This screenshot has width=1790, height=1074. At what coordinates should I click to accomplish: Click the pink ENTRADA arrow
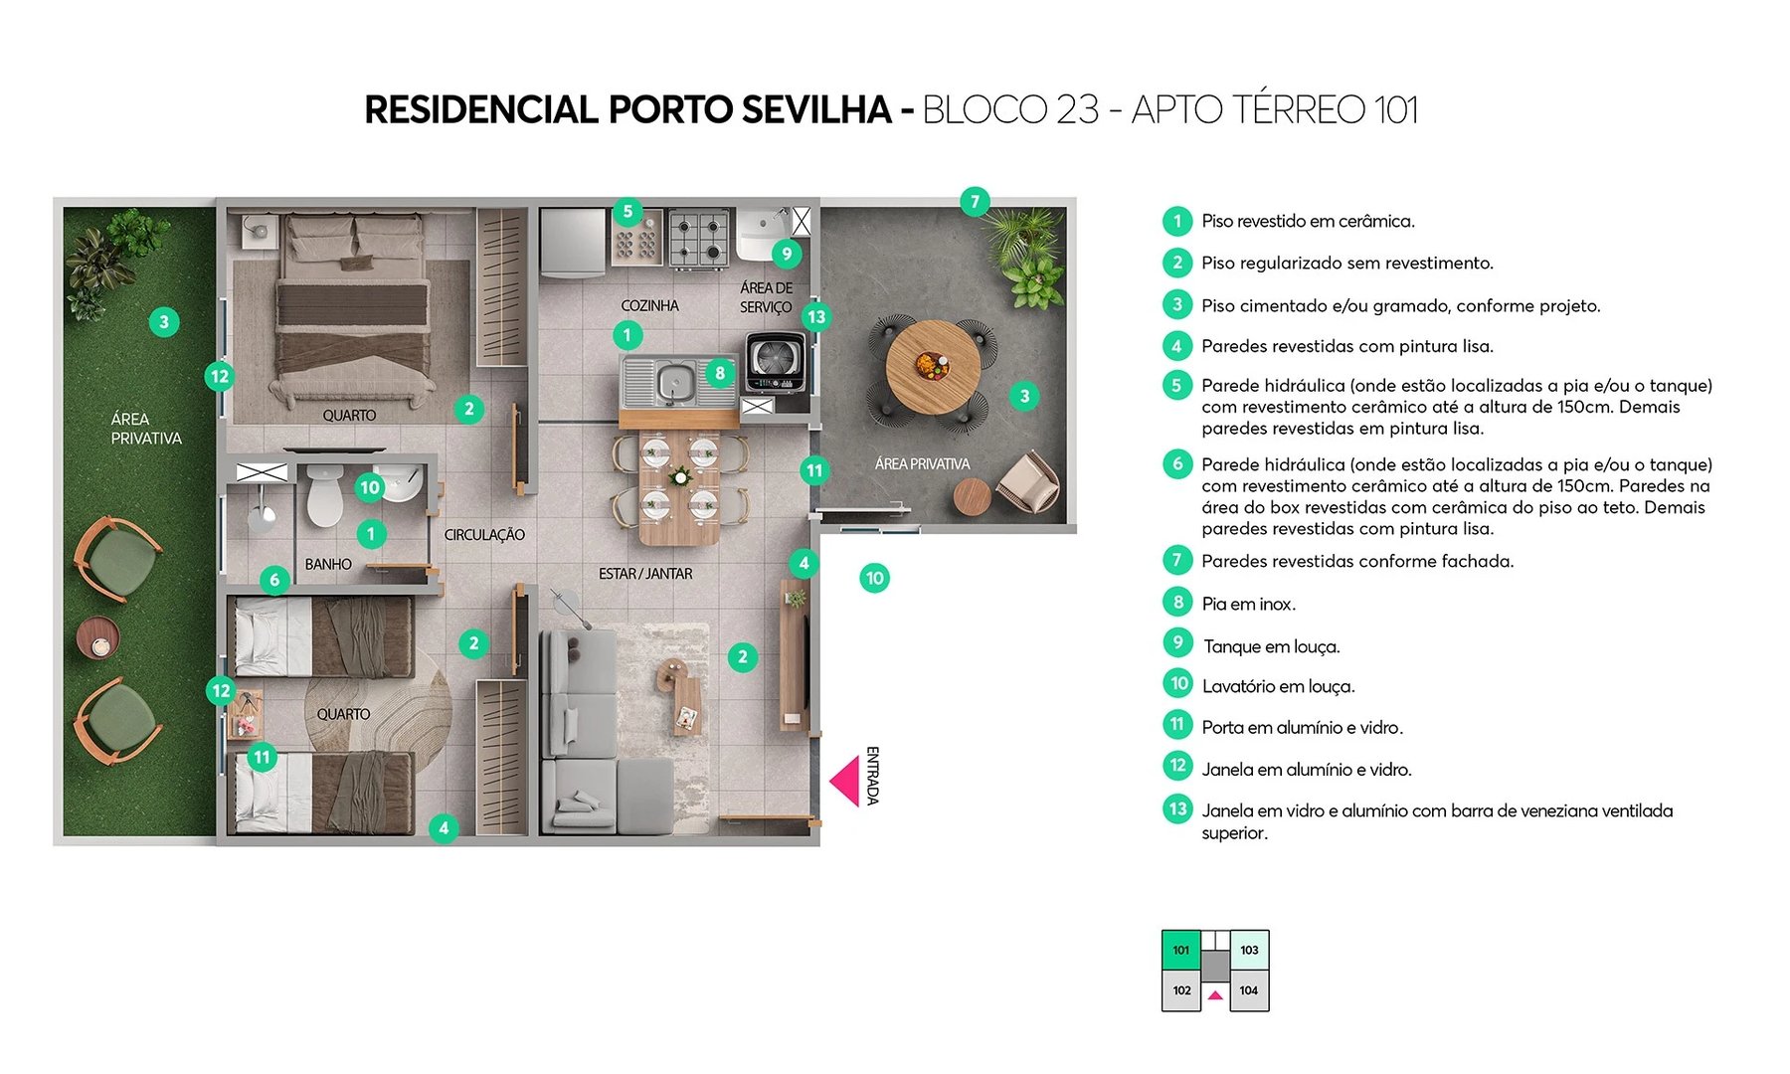click(x=847, y=781)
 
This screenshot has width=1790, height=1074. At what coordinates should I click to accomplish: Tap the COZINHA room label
click(x=649, y=305)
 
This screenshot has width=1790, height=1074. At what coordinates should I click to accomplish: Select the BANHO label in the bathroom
click(x=328, y=564)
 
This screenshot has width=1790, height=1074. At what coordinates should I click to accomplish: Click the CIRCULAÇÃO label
click(x=484, y=535)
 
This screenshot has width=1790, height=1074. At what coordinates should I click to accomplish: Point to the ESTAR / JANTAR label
click(x=645, y=574)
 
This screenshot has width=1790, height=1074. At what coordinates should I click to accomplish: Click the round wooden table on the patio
click(x=932, y=366)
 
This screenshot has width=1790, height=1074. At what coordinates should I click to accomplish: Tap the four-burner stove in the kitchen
click(x=698, y=239)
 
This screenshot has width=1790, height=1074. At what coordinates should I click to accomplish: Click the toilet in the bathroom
click(x=324, y=495)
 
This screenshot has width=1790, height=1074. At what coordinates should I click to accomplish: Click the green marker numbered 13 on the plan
click(x=816, y=317)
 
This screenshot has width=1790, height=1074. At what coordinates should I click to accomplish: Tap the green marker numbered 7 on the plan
click(x=975, y=201)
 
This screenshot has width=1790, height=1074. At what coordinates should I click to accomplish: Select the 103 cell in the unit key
click(x=1249, y=950)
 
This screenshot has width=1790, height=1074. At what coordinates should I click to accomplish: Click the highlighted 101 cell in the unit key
click(x=1181, y=950)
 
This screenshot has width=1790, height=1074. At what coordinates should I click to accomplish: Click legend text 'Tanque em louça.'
click(x=1271, y=646)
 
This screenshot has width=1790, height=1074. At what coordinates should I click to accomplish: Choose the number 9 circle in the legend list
click(x=1177, y=642)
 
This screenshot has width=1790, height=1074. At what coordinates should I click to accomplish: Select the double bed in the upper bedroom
click(x=353, y=313)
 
